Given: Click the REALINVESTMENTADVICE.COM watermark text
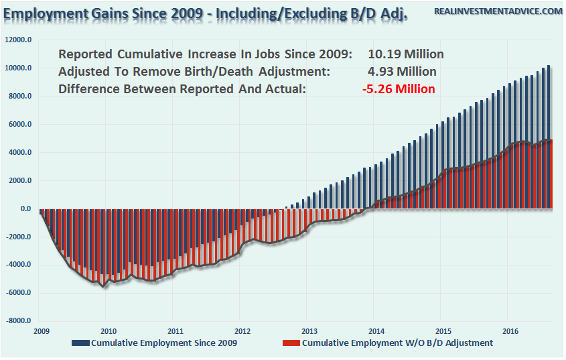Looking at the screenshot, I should point(498,11).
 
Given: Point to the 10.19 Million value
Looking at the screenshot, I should point(406,54).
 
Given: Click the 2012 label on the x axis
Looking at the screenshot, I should point(242,331).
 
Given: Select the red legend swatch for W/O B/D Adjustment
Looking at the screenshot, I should point(290,343).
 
